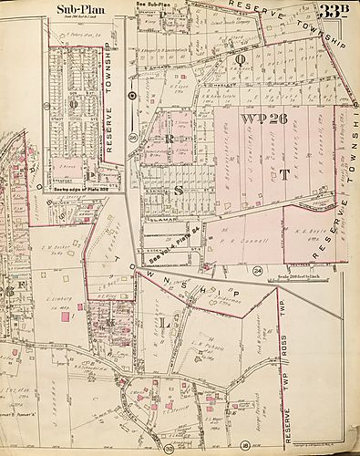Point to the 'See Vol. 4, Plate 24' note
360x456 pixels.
pyautogui.click(x=170, y=238)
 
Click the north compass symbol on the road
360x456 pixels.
pyautogui.click(x=132, y=94)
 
